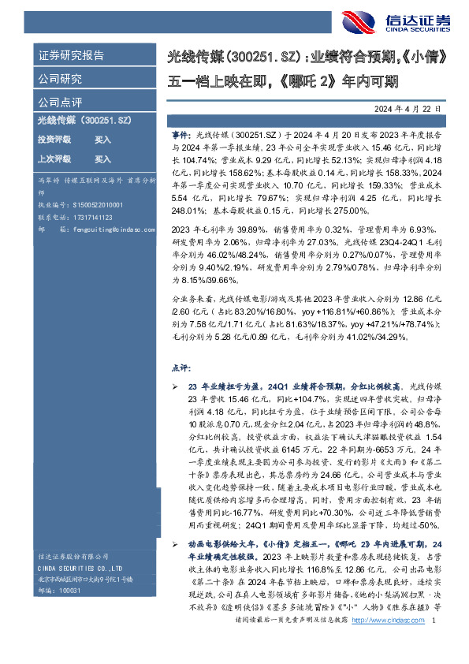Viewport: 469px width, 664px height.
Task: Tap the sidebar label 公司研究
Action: pyautogui.click(x=60, y=79)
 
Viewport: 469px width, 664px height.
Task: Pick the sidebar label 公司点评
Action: pyautogui.click(x=60, y=103)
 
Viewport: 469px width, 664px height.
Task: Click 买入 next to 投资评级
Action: pyautogui.click(x=103, y=139)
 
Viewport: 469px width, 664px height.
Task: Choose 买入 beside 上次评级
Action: pyautogui.click(x=103, y=159)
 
